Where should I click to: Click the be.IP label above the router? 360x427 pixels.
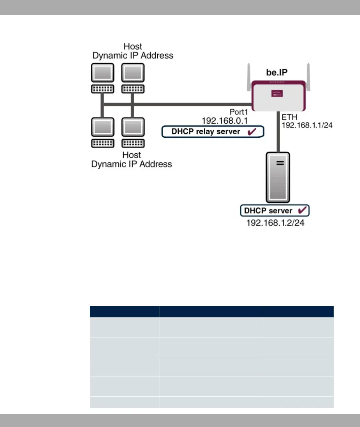277,72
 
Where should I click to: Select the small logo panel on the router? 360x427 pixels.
277,93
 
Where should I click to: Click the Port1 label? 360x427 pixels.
239,112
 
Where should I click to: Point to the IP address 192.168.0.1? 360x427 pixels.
224,121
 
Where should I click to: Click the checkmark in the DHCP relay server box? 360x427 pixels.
252,131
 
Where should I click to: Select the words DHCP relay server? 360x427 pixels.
206,132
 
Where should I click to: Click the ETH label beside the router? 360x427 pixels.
289,117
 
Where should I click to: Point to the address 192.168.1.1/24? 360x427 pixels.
307,125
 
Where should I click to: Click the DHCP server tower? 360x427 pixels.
278,177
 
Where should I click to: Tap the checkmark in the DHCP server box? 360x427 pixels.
302,210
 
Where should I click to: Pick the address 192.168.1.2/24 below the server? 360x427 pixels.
275,223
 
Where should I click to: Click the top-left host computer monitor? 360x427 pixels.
103,73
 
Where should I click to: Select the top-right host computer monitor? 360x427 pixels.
133,73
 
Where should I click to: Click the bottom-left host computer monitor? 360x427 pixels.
103,127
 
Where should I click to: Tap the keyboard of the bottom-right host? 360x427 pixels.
133,143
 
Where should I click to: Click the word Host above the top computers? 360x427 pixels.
133,46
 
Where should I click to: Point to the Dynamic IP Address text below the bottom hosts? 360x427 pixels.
132,164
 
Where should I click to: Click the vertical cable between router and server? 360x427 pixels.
278,132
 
